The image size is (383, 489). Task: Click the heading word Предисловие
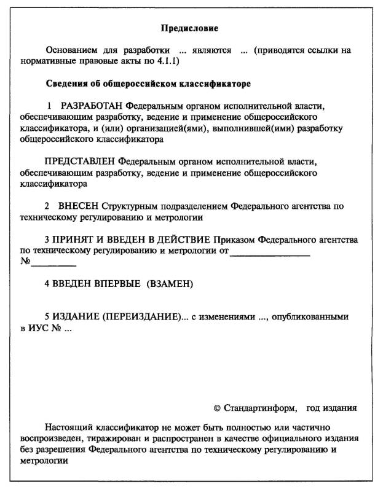pyautogui.click(x=189, y=28)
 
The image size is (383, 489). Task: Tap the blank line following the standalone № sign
pyautogui.click(x=53, y=264)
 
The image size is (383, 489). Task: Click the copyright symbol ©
pyautogui.click(x=216, y=408)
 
